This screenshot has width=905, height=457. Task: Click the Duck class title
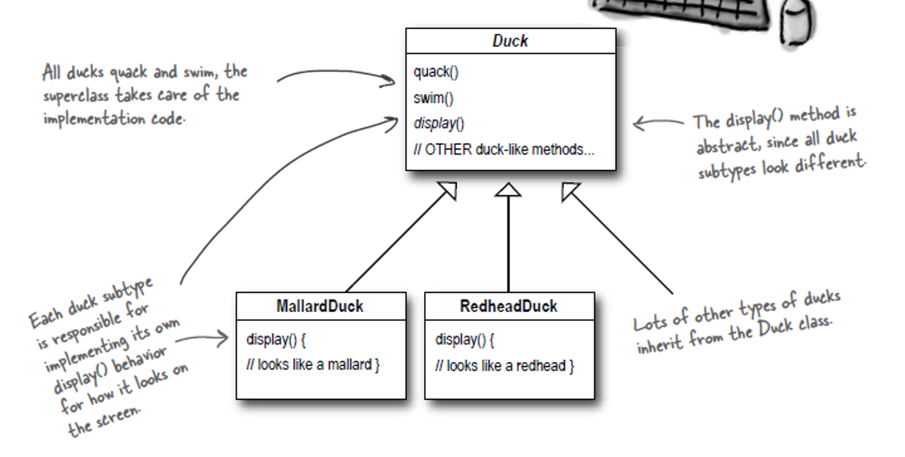coord(510,41)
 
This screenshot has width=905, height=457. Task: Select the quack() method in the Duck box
coord(435,72)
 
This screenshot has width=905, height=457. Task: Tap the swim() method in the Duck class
coord(434,100)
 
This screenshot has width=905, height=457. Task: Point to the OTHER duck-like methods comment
coord(504,150)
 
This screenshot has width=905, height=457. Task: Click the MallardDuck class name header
coord(320,307)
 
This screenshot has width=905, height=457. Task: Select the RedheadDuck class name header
coord(508,307)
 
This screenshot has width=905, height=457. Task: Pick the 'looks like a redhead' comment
coord(504,364)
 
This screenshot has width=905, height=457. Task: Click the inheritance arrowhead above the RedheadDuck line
coord(508,189)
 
